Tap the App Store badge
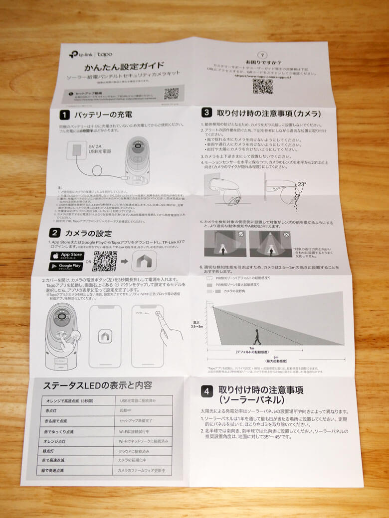click(x=67, y=256)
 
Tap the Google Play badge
click(x=66, y=266)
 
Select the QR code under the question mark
click(x=262, y=86)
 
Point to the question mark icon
click(x=263, y=56)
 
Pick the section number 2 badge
click(x=55, y=233)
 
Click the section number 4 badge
click(x=207, y=391)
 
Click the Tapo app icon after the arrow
click(x=144, y=260)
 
